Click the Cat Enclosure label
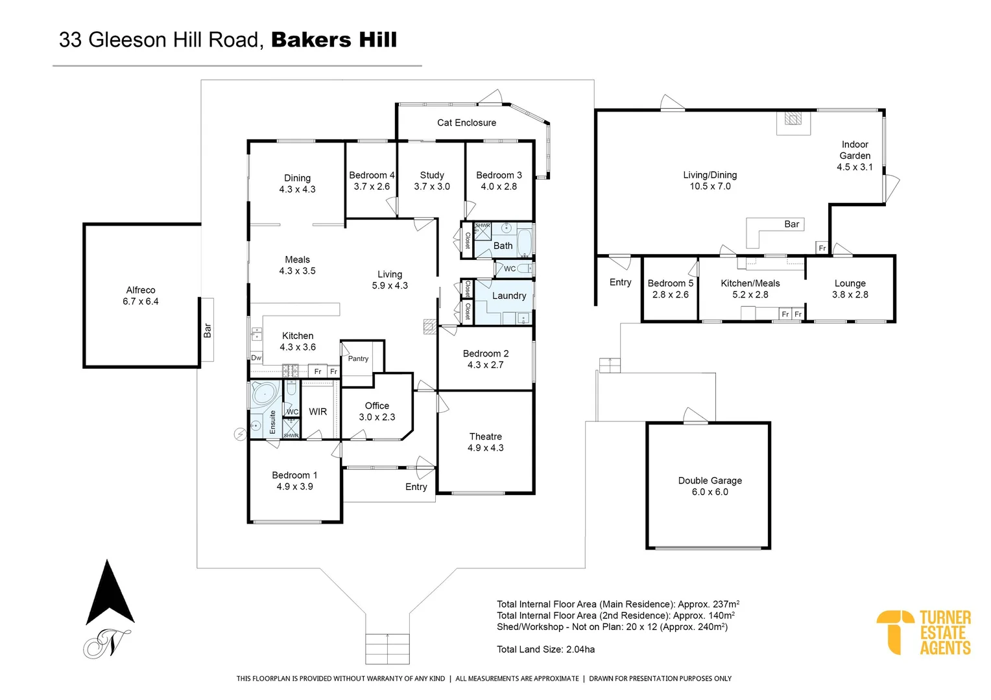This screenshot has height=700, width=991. pyautogui.click(x=466, y=122)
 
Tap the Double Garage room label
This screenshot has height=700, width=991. pyautogui.click(x=710, y=486)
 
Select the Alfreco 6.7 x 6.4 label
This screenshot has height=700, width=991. pyautogui.click(x=141, y=296)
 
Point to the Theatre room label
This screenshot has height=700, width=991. pyautogui.click(x=485, y=442)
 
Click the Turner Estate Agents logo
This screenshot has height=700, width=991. pyautogui.click(x=923, y=632)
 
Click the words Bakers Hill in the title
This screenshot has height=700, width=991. pyautogui.click(x=333, y=40)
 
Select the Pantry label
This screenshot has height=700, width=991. pyautogui.click(x=358, y=358)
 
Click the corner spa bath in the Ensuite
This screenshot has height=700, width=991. pyautogui.click(x=265, y=393)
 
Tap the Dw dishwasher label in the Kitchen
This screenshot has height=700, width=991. pyautogui.click(x=256, y=358)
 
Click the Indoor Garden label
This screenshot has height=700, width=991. pyautogui.click(x=855, y=156)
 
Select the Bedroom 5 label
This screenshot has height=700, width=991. pyautogui.click(x=671, y=289)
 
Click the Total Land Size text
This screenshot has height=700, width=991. pyautogui.click(x=545, y=649)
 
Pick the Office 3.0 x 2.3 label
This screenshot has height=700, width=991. pyautogui.click(x=377, y=412)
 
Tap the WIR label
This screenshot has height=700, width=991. pyautogui.click(x=318, y=412)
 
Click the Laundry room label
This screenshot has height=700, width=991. pyautogui.click(x=508, y=296)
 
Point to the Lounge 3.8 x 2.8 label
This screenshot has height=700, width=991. pyautogui.click(x=850, y=289)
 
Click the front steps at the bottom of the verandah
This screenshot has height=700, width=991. pyautogui.click(x=387, y=648)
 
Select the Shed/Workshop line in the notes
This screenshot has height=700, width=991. pyautogui.click(x=612, y=627)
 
